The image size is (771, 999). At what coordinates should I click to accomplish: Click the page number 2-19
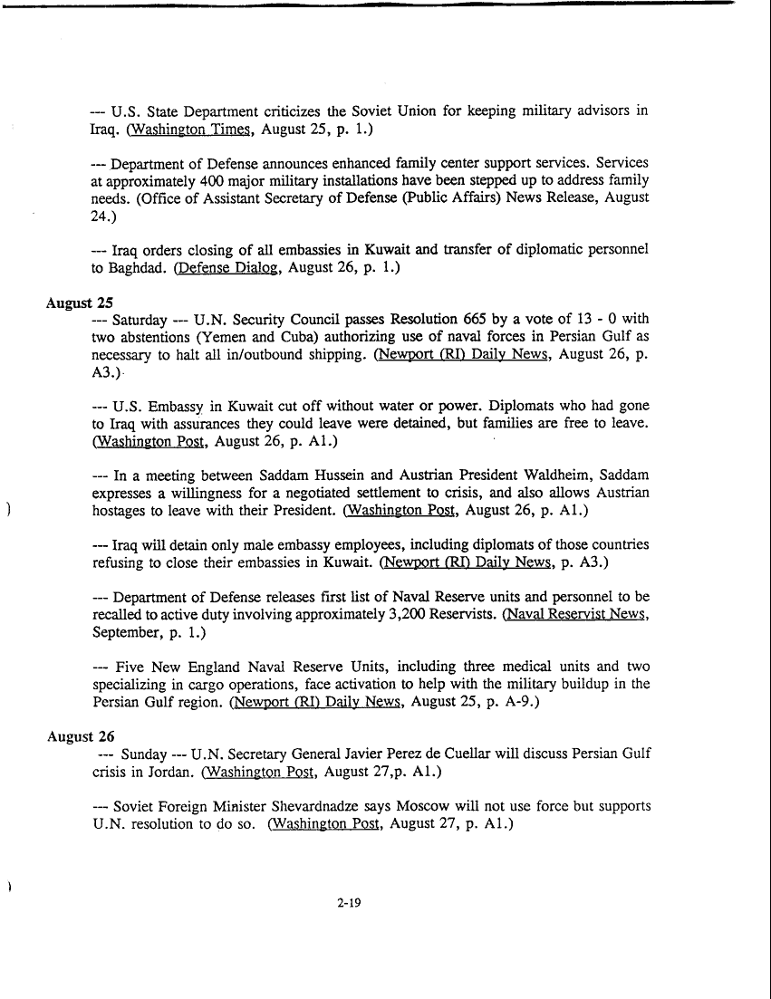[349, 902]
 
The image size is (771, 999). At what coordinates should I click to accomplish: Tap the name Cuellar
[499, 754]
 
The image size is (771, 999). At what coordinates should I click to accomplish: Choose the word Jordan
[170, 773]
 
